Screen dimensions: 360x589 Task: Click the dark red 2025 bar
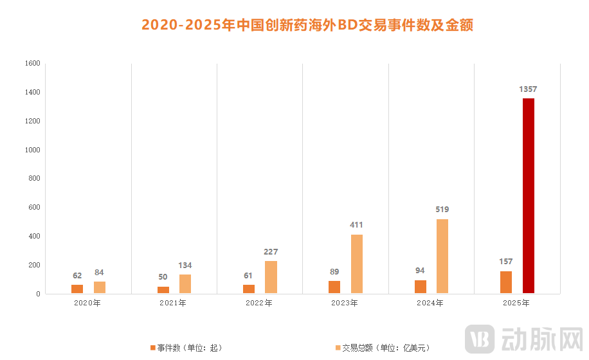tap(528, 196)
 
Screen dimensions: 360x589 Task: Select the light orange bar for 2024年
tap(442, 256)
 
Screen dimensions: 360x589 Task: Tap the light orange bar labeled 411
tap(356, 264)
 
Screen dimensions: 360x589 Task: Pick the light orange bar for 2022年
tap(271, 277)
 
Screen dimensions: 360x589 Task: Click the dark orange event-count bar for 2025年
tap(506, 282)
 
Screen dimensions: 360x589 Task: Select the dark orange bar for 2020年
tap(77, 289)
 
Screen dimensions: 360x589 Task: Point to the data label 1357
tap(528, 89)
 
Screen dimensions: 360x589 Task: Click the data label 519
tap(442, 210)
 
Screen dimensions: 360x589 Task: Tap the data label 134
tap(185, 265)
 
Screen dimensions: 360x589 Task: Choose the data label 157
tap(506, 262)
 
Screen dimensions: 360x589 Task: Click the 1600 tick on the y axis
tap(33, 64)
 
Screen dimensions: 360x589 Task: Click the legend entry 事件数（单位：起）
tap(186, 348)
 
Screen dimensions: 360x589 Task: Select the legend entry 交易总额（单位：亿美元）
tap(382, 348)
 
